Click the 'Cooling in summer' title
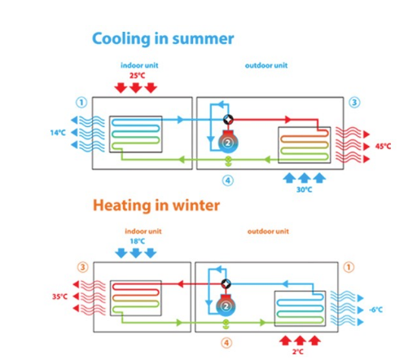163,39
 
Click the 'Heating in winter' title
156,205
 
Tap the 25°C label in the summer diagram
137,76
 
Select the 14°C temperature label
58,133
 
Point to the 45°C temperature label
383,147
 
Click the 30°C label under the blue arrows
305,190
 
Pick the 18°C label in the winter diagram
138,241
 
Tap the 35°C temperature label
59,296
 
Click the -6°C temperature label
376,310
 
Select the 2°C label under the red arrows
298,352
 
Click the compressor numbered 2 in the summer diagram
228,142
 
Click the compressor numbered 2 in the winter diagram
226,306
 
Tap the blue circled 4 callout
228,181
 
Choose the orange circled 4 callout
226,343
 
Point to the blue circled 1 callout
81,103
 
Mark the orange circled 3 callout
83,267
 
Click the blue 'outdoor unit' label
266,65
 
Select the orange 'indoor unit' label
143,231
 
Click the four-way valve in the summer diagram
228,119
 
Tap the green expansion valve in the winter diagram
226,324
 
